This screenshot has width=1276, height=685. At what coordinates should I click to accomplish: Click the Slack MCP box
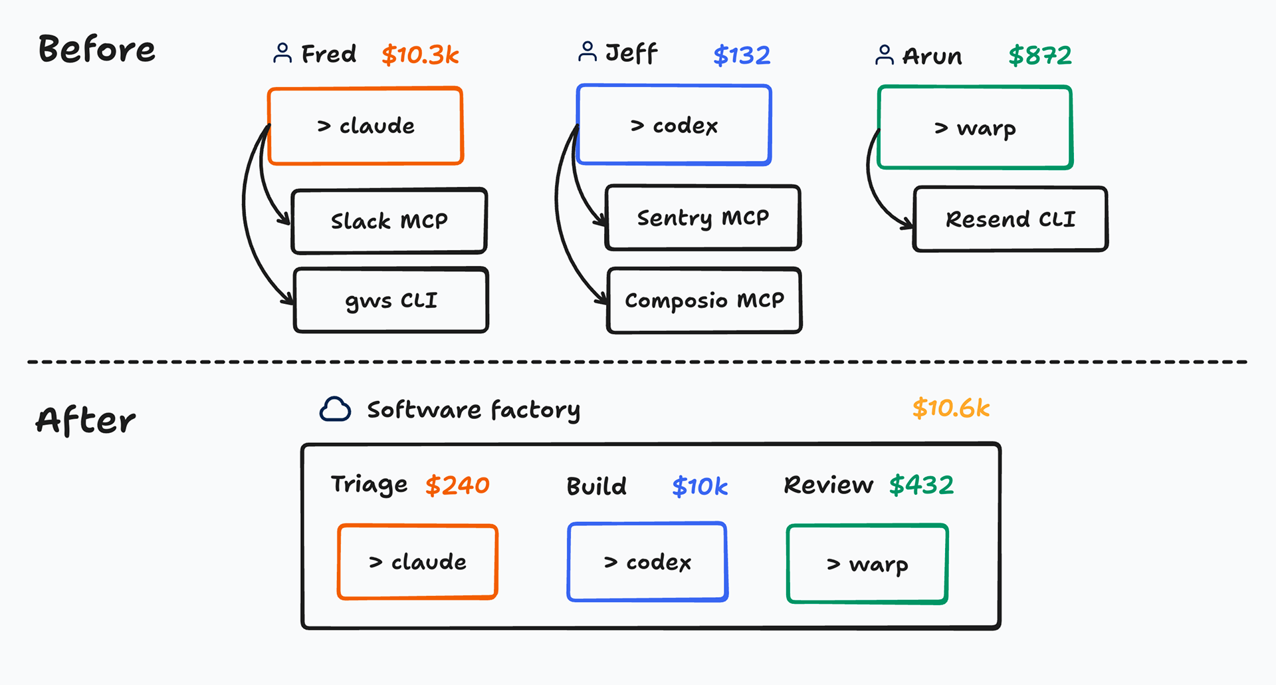coord(389,221)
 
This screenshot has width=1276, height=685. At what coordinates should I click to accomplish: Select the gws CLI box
coord(391,300)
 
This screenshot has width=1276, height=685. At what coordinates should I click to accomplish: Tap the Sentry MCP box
coord(703,217)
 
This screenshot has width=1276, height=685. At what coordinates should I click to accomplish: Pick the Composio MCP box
coord(704,301)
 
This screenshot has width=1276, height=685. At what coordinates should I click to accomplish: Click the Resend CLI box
coord(1011,219)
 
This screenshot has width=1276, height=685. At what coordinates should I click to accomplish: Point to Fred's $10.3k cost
coord(421,55)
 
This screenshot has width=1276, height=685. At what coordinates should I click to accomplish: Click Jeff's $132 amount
coord(742,55)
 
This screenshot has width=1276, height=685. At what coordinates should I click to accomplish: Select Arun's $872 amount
coord(1040,55)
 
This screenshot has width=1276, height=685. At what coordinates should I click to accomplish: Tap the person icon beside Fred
coord(282,53)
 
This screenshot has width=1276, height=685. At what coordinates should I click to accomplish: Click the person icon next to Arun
coord(885,55)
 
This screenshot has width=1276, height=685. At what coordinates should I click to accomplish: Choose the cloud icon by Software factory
coord(335,410)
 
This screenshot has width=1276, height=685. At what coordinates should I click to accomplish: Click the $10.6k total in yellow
coord(951,408)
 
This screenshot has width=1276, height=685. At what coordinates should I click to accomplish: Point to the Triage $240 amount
coord(457,485)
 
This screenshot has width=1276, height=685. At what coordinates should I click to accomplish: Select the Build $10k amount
coord(700,487)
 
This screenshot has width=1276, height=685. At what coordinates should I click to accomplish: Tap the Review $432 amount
coord(922,485)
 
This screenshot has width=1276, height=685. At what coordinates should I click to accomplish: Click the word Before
coord(97,49)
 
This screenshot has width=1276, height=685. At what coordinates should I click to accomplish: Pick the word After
coord(86,420)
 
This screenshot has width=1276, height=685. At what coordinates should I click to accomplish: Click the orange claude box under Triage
coord(417,562)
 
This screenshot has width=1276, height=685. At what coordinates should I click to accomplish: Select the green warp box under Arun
coord(975,127)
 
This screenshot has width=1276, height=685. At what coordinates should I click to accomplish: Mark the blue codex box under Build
coord(647,562)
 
